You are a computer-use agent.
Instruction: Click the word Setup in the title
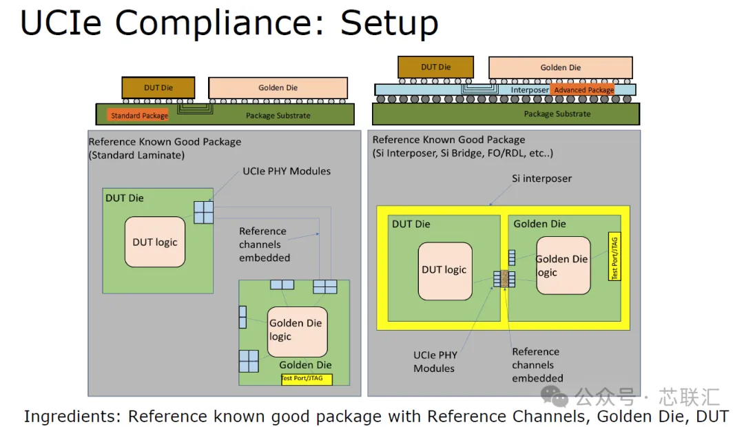point(389,23)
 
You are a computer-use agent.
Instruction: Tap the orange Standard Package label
point(139,115)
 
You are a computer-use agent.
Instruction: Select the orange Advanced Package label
point(583,90)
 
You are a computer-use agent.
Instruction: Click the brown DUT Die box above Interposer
point(435,67)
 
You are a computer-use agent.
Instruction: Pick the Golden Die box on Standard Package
point(278,87)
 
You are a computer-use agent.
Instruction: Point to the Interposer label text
point(530,90)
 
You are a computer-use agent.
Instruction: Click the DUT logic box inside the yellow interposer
point(445,271)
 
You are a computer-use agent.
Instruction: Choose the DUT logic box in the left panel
point(155,242)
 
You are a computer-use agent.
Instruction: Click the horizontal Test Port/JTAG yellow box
point(307,379)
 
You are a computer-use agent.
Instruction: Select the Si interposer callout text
point(541,178)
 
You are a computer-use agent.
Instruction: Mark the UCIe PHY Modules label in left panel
point(287,171)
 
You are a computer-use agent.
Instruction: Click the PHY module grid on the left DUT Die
point(203,212)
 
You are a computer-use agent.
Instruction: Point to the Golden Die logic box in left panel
point(298,332)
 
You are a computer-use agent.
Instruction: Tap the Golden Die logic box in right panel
point(564,266)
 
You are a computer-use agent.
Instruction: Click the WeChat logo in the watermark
point(554,397)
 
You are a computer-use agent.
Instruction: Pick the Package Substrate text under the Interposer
point(557,114)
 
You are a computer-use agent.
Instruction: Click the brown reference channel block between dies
point(504,279)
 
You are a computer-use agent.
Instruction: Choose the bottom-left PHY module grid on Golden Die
point(249,361)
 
